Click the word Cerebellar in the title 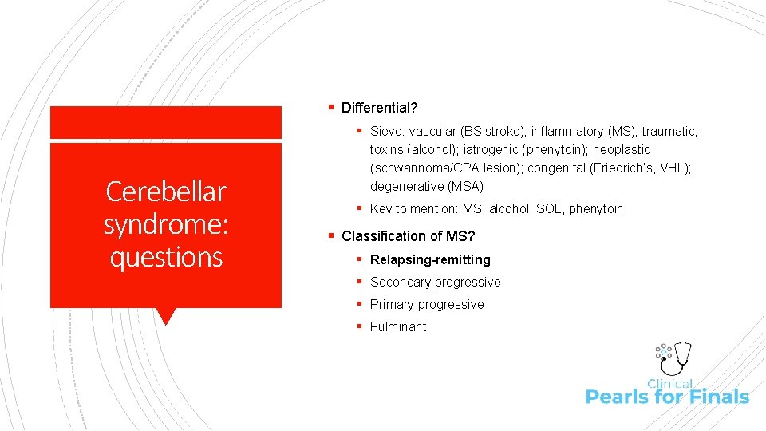coord(166,192)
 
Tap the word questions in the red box coord(166,257)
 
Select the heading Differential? coord(379,107)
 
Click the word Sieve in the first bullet coord(387,131)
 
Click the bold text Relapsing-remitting coord(430,259)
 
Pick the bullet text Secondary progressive coord(435,282)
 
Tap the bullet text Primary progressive coord(427,304)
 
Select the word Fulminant coord(398,326)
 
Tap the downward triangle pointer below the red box coord(166,316)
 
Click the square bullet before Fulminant coord(361,326)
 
